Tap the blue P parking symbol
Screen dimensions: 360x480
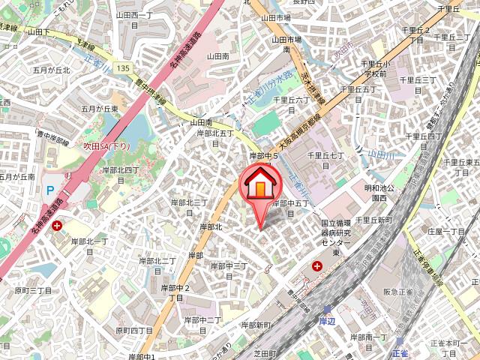[49, 191]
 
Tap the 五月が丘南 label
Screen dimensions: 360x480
[16, 177]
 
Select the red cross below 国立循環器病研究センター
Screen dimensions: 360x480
[319, 266]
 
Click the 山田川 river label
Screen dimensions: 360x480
[379, 154]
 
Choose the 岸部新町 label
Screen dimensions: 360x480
[256, 325]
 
